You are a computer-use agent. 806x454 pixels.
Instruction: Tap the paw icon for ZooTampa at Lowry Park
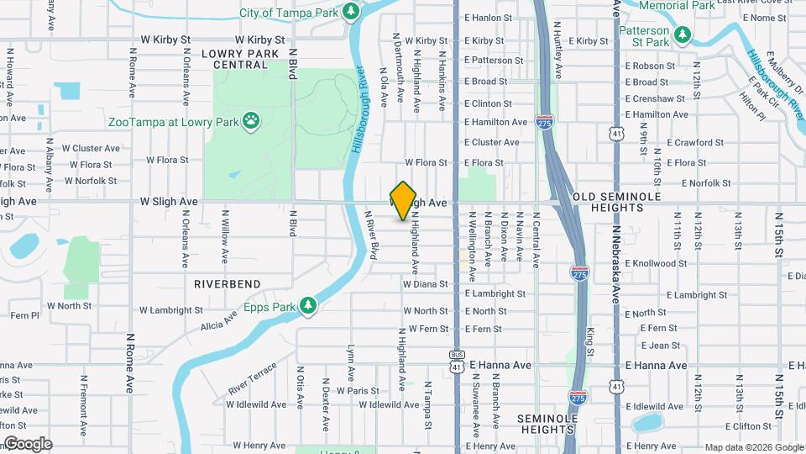[251, 121]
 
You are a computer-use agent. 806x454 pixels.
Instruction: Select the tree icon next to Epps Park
[309, 307]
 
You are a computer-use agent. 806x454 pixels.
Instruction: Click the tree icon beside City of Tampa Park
[352, 12]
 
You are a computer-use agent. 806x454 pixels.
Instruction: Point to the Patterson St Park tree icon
[684, 35]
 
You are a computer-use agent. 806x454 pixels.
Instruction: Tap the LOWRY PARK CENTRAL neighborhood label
[234, 58]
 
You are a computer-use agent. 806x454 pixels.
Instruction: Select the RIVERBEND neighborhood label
[228, 284]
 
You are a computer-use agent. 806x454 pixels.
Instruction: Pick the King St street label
[590, 338]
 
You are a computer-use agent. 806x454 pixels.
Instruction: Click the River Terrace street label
[252, 380]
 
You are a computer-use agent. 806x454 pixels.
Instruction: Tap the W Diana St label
[425, 284]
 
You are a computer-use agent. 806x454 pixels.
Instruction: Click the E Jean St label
[660, 345]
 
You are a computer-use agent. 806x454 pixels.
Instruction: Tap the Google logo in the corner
[28, 444]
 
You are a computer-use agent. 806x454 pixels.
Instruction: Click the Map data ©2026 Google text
[753, 447]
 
